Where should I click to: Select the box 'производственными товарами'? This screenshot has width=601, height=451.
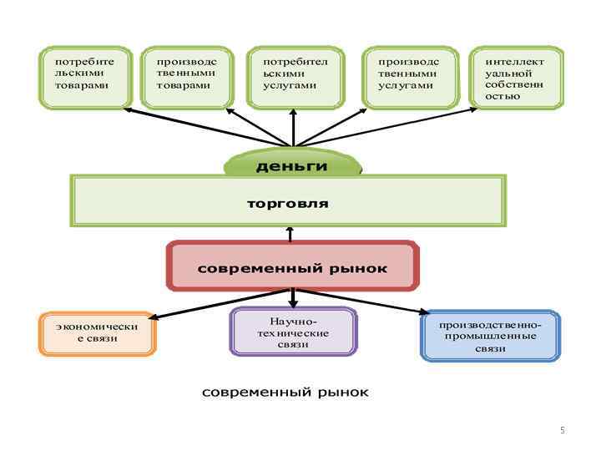(x=189, y=77)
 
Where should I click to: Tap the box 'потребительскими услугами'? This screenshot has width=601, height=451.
(x=296, y=77)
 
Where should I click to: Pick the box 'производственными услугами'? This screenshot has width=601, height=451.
(x=410, y=77)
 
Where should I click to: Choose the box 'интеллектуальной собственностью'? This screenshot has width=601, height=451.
(x=516, y=77)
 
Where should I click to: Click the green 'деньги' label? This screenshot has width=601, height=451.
(x=292, y=166)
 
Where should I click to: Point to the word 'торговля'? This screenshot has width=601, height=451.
(x=288, y=203)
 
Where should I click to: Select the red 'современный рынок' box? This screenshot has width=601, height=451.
(x=292, y=267)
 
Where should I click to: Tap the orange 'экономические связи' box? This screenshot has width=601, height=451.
(x=97, y=333)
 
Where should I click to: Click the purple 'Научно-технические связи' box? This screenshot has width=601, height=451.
(x=292, y=332)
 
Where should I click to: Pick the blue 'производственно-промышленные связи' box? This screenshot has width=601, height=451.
(x=490, y=336)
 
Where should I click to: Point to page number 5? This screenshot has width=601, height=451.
(x=563, y=430)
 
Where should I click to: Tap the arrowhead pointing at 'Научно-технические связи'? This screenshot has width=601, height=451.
(x=292, y=303)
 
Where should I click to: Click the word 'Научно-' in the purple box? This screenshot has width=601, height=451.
(x=292, y=322)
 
